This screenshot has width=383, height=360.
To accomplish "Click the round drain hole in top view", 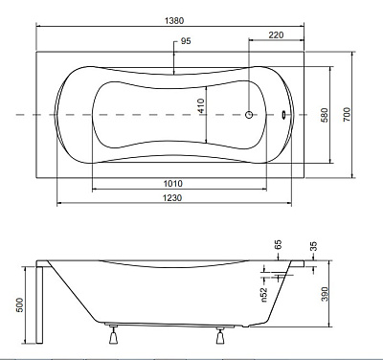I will pyautogui.click(x=250, y=115).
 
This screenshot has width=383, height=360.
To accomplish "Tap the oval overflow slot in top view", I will pyautogui.click(x=284, y=115).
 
